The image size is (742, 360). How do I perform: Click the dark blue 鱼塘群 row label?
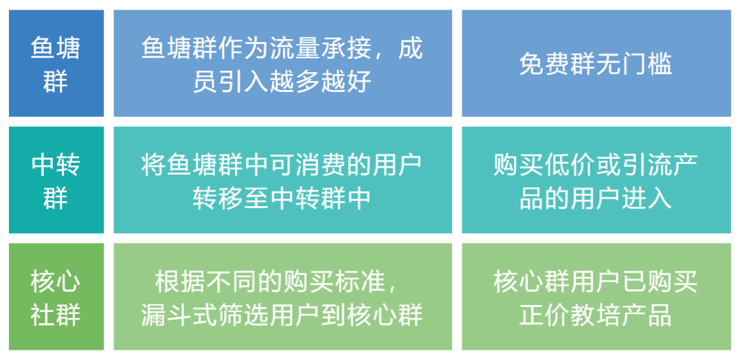tap(56, 64)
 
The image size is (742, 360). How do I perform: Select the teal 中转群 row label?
tap(56, 181)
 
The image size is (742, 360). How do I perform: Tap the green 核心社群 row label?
tap(56, 297)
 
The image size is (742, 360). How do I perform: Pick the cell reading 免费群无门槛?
tap(596, 64)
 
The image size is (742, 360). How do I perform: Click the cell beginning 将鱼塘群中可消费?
tap(282, 181)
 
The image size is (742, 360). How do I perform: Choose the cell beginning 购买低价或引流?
tap(596, 181)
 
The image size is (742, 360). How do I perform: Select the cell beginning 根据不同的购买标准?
tap(282, 297)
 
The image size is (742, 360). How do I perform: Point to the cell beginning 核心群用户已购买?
tap(596, 297)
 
